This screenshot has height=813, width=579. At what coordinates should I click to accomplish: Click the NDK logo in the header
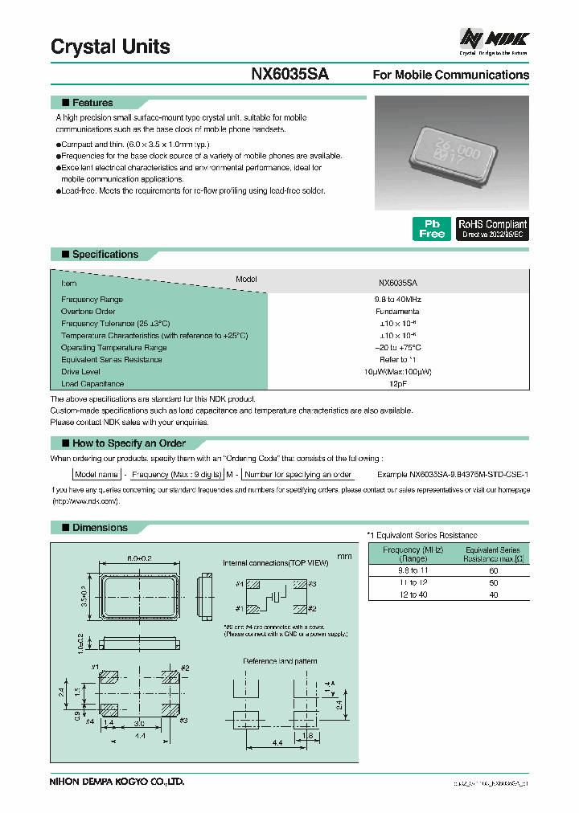pos(493,38)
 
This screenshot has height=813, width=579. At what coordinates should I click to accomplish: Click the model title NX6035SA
pos(289,74)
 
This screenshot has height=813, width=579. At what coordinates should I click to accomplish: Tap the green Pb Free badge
pos(432,229)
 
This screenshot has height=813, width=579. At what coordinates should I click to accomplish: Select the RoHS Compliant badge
pos(492,229)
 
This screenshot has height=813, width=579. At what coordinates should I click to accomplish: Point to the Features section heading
pos(92,103)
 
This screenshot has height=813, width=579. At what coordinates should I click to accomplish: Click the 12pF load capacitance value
pos(397,384)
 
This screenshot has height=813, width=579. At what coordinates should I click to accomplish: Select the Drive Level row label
pos(82,372)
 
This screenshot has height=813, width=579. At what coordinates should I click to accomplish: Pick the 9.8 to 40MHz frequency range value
pos(397,299)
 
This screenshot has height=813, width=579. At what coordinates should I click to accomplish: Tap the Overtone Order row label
pos(88,311)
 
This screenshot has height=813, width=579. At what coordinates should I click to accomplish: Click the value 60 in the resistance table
pos(493,569)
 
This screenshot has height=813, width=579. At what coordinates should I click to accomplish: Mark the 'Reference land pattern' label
pos(280,661)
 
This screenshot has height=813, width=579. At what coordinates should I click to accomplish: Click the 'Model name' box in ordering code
pos(96,475)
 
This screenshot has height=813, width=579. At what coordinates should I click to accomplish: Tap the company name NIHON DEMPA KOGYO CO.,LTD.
pos(117,781)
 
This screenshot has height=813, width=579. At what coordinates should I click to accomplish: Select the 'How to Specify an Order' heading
pos(129,443)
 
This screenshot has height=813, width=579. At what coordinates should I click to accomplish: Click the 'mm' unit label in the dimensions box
pos(344,556)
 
